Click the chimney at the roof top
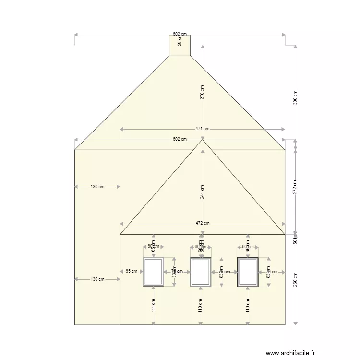180,46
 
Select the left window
153,272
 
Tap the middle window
200,272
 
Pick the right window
248,272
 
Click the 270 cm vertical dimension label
203,92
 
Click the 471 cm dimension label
202,129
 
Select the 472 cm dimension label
202,223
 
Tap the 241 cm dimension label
203,192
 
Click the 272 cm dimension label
295,187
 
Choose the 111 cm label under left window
153,306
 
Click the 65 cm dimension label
131,271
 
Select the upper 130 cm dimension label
97,187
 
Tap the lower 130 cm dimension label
97,279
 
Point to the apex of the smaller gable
203,140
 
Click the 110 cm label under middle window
200,306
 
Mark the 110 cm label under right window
248,306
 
